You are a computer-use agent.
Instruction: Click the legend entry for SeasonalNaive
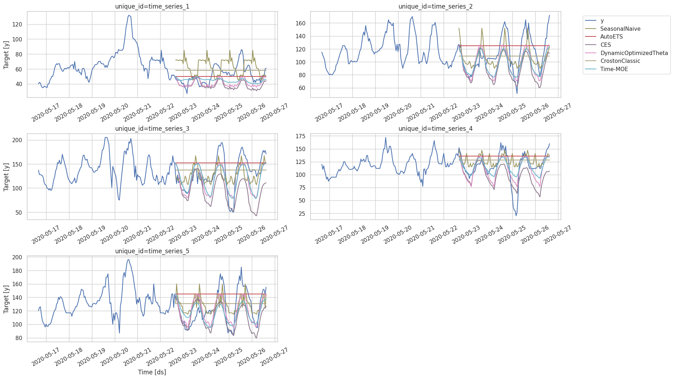(x=620, y=29)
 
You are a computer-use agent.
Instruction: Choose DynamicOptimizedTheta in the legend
(x=634, y=53)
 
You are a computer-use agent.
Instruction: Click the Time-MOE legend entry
(x=614, y=69)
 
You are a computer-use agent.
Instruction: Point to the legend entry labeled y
(x=602, y=21)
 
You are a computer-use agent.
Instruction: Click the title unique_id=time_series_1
(x=152, y=6)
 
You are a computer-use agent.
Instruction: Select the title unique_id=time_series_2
(x=435, y=6)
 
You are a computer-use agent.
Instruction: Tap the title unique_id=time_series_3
(x=152, y=129)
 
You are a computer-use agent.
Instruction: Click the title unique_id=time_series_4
(x=435, y=129)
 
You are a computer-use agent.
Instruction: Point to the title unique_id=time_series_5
(x=152, y=251)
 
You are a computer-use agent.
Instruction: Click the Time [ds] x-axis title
(x=152, y=372)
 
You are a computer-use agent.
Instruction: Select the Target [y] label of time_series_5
(x=6, y=299)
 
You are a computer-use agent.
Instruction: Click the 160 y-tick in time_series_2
(x=301, y=23)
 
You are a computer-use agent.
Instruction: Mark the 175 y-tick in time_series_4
(x=301, y=136)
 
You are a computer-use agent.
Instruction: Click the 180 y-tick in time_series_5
(x=17, y=271)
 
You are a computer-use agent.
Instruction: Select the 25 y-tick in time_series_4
(x=302, y=214)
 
